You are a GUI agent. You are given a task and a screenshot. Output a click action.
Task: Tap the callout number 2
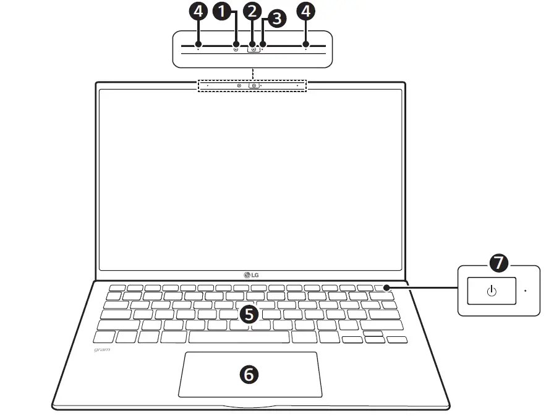coord(251,11)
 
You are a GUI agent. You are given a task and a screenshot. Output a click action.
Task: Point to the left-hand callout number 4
coord(198,11)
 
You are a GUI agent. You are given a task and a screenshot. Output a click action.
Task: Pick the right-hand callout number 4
coord(305,11)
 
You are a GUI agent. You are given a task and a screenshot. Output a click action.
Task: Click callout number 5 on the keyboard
coord(248,314)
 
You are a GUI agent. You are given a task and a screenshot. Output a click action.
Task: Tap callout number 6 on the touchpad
coord(249,373)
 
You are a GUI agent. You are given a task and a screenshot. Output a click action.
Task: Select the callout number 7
coord(498,264)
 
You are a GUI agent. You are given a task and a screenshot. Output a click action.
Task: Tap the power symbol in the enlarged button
coord(492,291)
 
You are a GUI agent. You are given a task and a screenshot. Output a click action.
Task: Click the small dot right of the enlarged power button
coord(525,290)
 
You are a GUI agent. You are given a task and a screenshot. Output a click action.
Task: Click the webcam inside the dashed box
coord(254,86)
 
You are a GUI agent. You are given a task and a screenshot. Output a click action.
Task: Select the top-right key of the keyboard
coord(383,287)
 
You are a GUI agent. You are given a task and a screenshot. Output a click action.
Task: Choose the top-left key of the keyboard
coord(116,287)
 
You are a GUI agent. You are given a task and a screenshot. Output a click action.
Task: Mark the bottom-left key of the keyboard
coord(104,337)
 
